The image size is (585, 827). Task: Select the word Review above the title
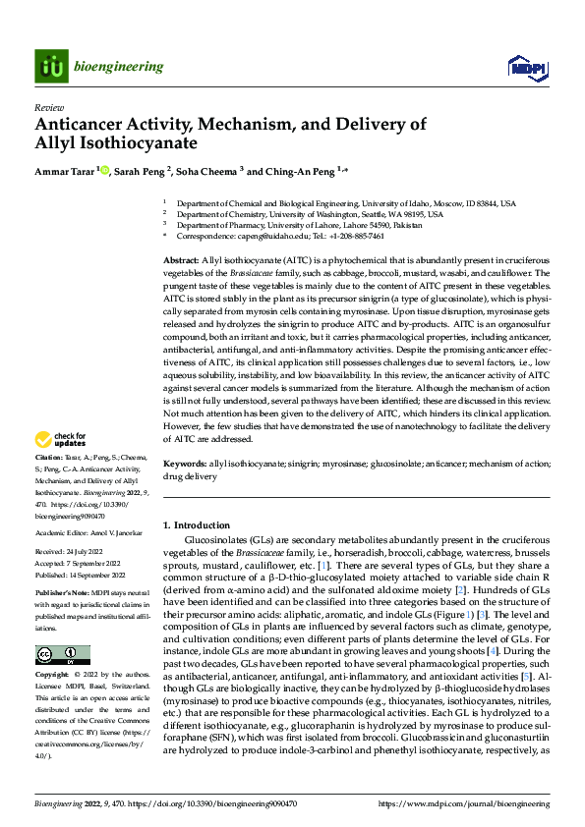tap(46, 107)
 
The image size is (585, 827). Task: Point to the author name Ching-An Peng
tap(299, 171)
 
